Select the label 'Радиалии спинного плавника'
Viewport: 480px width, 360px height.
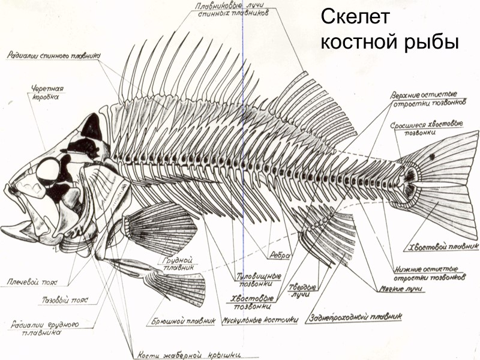click(54, 56)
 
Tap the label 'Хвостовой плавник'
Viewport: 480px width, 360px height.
click(443, 246)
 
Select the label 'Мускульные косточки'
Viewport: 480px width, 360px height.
click(260, 320)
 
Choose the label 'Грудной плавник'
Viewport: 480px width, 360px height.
click(179, 265)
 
